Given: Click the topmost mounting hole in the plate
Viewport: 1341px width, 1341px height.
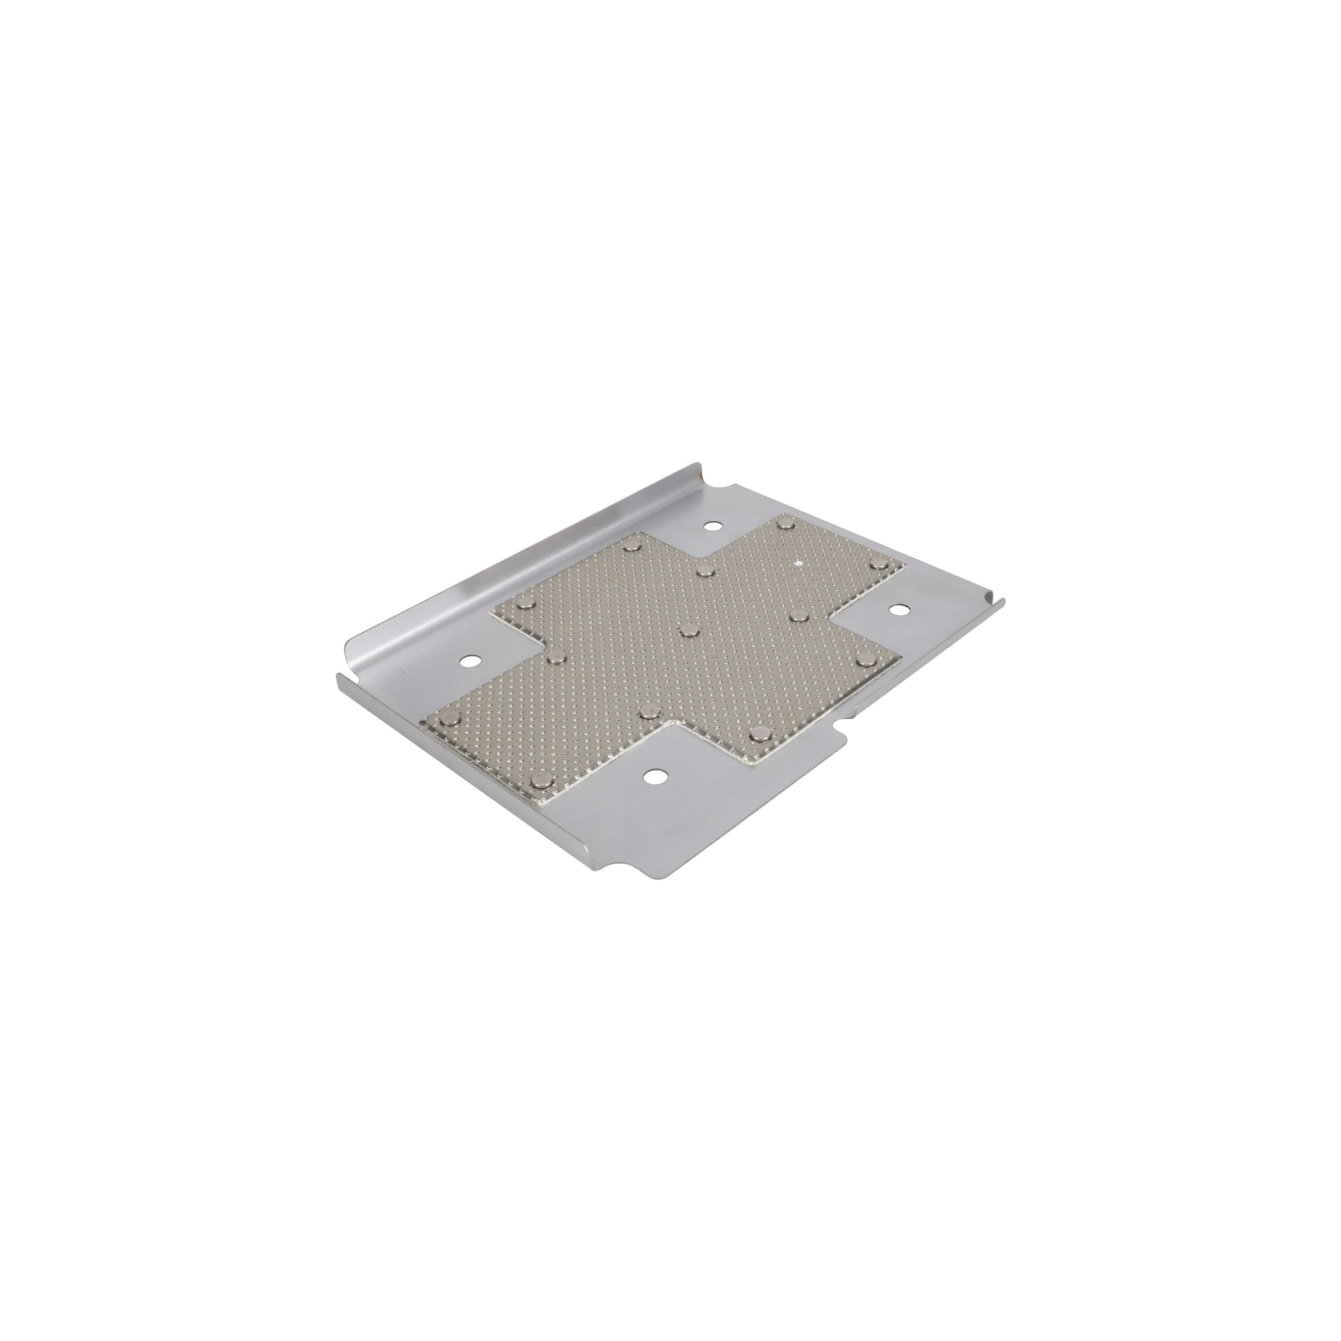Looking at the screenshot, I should pyautogui.click(x=709, y=526).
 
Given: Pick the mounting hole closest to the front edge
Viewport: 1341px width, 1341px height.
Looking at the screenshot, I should pyautogui.click(x=652, y=777).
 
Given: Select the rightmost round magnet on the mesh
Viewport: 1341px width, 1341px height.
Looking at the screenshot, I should pyautogui.click(x=879, y=563).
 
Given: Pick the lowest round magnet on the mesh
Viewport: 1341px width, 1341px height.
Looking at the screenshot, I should pyautogui.click(x=538, y=782).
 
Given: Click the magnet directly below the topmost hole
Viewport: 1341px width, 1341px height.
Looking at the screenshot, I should pyautogui.click(x=705, y=571).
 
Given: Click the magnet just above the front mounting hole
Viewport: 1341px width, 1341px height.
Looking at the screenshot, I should pyautogui.click(x=648, y=710).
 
